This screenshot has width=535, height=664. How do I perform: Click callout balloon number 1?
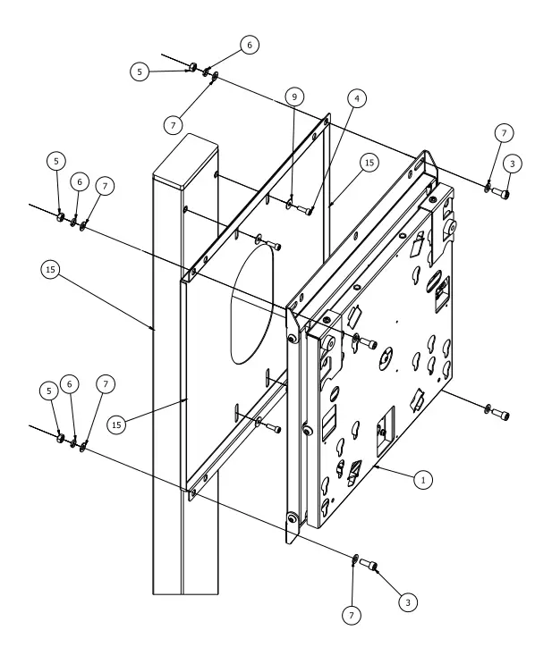425,479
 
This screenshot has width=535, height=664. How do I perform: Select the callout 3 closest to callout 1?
408,604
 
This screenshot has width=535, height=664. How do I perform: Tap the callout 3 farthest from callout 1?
510,164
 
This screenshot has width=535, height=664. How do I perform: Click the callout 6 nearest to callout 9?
250,44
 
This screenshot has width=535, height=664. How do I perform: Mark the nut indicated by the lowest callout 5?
60,439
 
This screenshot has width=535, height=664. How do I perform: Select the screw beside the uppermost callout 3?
501,191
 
